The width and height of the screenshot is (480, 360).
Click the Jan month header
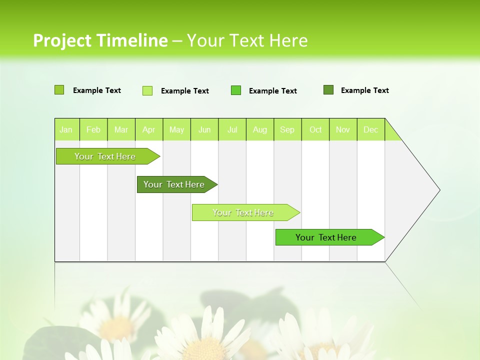point(66,129)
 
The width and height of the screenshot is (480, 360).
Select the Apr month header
point(149,129)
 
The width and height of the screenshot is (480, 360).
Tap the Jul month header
point(232,129)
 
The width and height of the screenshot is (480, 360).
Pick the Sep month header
point(287,129)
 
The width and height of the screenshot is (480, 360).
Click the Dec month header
point(370,129)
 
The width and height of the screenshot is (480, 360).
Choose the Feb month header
point(93,129)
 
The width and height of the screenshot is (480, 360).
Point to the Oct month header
point(315,129)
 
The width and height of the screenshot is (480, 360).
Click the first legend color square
point(59,90)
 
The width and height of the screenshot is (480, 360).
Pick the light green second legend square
point(147,90)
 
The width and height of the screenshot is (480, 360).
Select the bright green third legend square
point(236,90)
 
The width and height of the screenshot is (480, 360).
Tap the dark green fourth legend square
point(328,90)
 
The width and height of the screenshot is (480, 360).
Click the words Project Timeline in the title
point(100,40)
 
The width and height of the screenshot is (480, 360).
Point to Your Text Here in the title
point(247,40)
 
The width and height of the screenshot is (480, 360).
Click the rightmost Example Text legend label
point(364,90)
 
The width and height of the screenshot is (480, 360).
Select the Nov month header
point(343,129)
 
